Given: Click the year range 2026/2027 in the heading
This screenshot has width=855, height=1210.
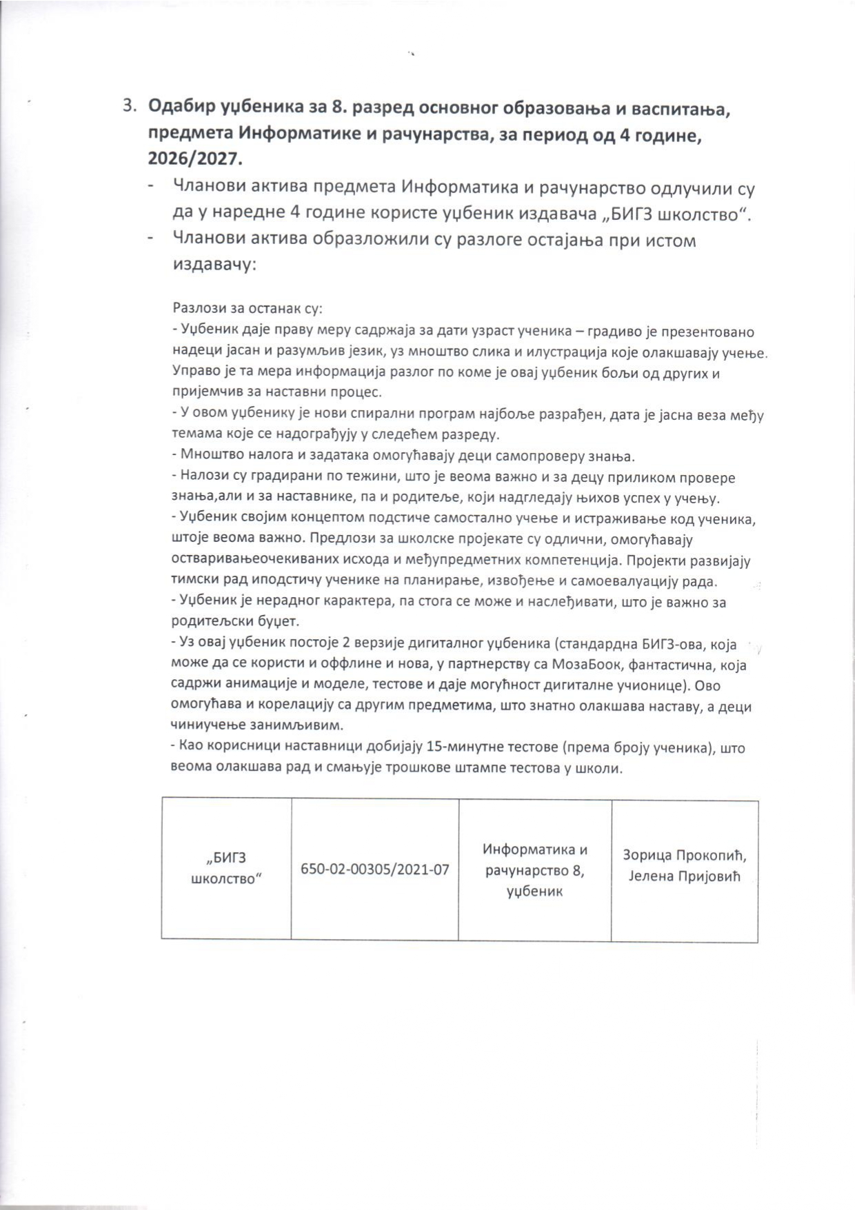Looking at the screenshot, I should tap(195, 159).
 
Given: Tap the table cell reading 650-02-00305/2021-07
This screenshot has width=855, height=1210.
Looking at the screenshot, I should tap(374, 869).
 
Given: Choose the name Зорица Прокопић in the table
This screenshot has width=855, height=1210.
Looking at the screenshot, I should tap(685, 856).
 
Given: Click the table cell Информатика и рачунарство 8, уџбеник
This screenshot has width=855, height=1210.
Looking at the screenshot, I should tap(535, 870).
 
